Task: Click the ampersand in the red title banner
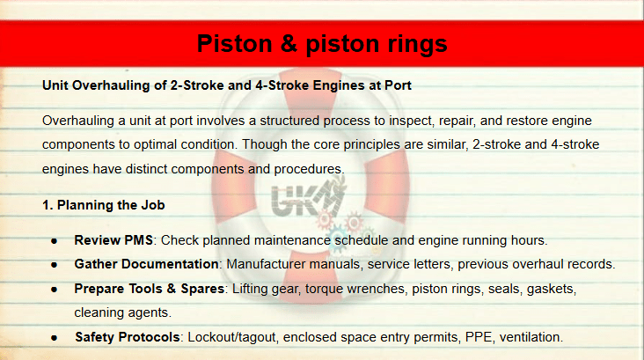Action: pos(289,43)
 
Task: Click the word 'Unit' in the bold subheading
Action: pos(55,85)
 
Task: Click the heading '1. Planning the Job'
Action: pos(104,205)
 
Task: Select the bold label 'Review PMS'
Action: pos(113,240)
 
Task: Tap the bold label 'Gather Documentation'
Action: pos(146,264)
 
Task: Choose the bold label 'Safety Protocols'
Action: pos(128,337)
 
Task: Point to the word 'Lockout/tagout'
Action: pos(231,337)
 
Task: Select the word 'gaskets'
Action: pos(551,289)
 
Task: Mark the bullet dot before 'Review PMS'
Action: pos(55,241)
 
